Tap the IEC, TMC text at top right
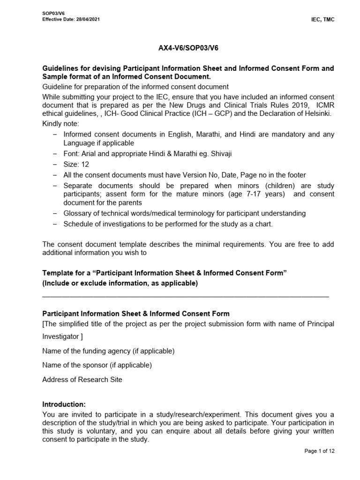click(x=324, y=19)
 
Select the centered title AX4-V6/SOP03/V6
click(x=188, y=48)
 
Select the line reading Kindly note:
click(x=61, y=124)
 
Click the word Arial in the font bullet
click(x=89, y=154)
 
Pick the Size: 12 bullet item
click(x=76, y=164)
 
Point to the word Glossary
click(x=78, y=213)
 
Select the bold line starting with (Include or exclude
click(x=120, y=283)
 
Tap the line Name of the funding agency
click(x=108, y=351)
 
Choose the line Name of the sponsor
click(x=97, y=365)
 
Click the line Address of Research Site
click(x=82, y=380)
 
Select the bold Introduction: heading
click(x=64, y=404)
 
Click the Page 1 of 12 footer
click(x=319, y=451)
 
